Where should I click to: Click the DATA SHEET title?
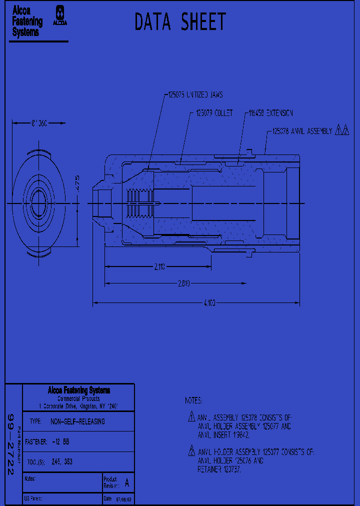coord(180,22)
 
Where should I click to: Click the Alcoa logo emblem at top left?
coord(61,15)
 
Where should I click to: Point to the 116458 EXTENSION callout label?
coord(270,113)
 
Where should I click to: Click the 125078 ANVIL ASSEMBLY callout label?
coord(302,131)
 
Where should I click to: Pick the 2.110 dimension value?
coord(159,267)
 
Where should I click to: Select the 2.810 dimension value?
coord(184,283)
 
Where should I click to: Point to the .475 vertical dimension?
coord(77,181)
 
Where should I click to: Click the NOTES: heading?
coord(193,401)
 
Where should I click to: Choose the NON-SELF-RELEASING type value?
coord(77,421)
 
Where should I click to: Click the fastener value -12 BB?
coord(60,442)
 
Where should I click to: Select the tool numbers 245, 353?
coord(61,462)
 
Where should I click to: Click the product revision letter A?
coord(126,483)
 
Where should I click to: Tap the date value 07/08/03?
coord(124,499)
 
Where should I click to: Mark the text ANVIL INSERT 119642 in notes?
coord(223,435)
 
